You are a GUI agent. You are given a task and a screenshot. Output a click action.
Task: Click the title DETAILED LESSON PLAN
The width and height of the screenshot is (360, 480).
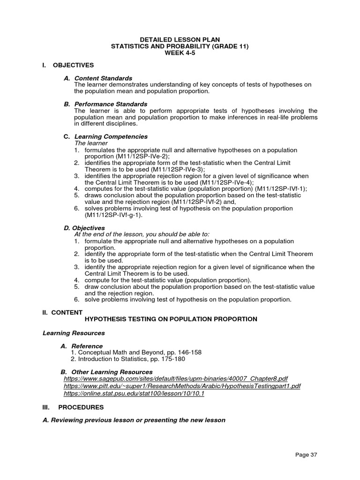(x=180, y=39)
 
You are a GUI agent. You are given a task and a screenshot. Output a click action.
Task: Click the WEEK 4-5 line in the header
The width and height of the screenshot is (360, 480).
(x=180, y=53)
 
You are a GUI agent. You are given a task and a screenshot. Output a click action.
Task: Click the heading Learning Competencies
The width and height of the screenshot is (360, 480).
(x=111, y=136)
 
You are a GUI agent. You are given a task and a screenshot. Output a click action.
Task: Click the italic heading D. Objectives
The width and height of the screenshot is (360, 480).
(x=84, y=228)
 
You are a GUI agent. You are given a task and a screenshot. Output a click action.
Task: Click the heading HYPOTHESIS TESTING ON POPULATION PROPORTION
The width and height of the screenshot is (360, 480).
(x=171, y=319)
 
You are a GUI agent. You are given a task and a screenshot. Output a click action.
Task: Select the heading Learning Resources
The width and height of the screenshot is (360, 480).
(x=74, y=333)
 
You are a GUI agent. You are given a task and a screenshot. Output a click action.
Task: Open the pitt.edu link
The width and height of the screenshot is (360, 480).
(x=182, y=386)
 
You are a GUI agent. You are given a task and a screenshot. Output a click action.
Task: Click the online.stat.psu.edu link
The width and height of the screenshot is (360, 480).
(x=134, y=394)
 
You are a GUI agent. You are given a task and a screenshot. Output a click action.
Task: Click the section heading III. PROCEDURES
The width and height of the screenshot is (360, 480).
(x=73, y=407)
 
